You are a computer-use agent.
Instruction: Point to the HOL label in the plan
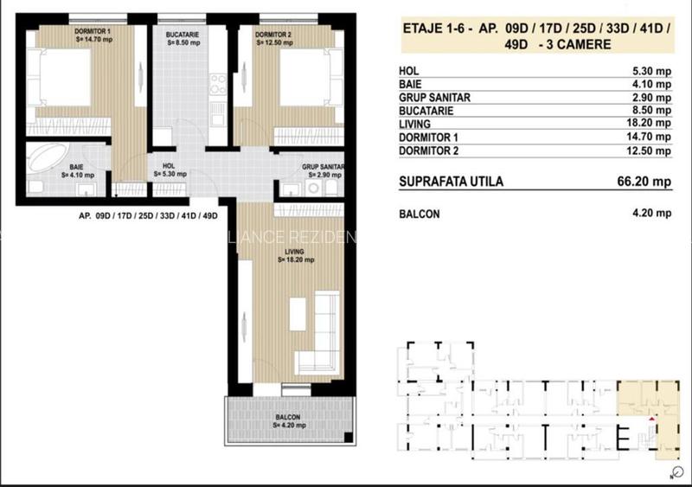click(x=170, y=168)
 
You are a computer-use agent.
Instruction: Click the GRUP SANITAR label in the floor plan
click(x=324, y=166)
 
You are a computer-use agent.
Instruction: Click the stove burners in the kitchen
click(x=218, y=85)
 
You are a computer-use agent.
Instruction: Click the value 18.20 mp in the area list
click(x=650, y=124)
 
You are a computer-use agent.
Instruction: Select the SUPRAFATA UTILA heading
click(x=451, y=182)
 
